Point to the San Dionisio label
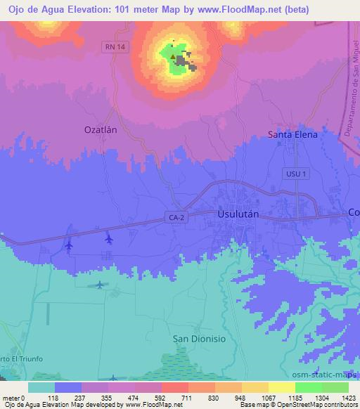pyautogui.click(x=198, y=338)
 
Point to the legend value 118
pyautogui.click(x=54, y=397)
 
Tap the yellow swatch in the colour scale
pyautogui.click(x=281, y=387)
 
